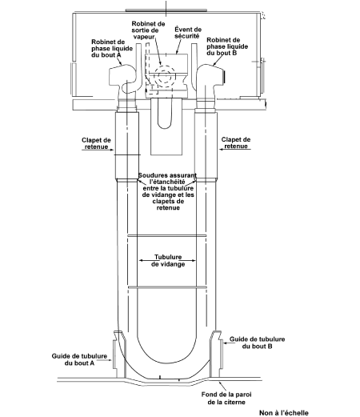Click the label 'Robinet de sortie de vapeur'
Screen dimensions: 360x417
coord(148,30)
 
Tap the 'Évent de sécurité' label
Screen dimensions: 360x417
coord(188,33)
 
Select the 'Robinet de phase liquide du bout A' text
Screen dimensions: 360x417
coord(112,49)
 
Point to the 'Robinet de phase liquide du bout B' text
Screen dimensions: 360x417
coord(227,46)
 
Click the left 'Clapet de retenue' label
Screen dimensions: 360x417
coord(96,143)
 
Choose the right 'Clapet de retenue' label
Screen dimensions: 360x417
coord(236,142)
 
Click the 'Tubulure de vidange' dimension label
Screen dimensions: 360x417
coord(168,261)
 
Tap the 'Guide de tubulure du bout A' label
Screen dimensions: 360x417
coord(79,359)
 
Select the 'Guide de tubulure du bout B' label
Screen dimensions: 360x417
coord(257,343)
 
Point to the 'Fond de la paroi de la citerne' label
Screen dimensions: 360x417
coord(226,398)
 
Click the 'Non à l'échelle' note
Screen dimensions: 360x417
coord(284,413)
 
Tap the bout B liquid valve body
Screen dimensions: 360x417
coord(210,78)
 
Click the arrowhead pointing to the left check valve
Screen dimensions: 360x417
coord(112,150)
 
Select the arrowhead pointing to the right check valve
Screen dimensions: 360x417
coord(222,149)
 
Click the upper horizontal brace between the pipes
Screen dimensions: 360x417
coord(167,235)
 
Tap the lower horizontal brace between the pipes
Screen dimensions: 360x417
coord(168,287)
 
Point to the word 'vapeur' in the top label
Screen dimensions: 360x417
coord(144,37)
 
